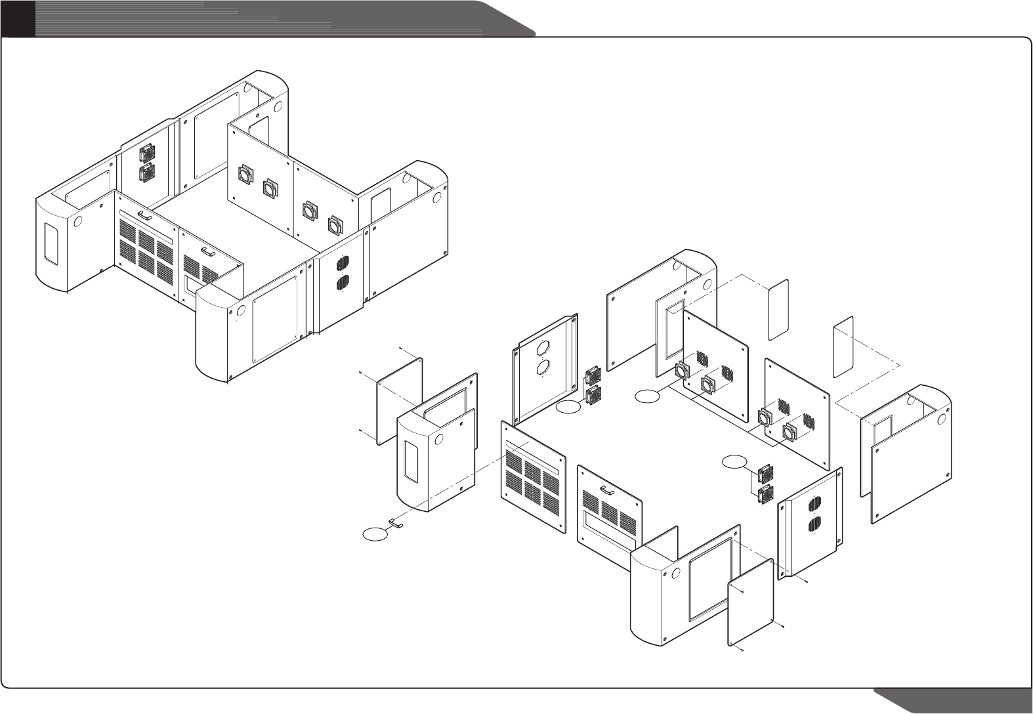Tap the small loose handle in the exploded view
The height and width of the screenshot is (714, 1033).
pos(396,523)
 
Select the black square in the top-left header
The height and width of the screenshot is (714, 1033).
pos(17,18)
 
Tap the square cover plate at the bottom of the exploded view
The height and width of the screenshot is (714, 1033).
pos(751,601)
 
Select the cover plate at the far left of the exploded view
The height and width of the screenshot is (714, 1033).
pos(399,402)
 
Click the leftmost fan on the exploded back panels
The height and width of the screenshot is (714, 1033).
pos(681,372)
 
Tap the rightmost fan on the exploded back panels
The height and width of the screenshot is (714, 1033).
pos(791,432)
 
